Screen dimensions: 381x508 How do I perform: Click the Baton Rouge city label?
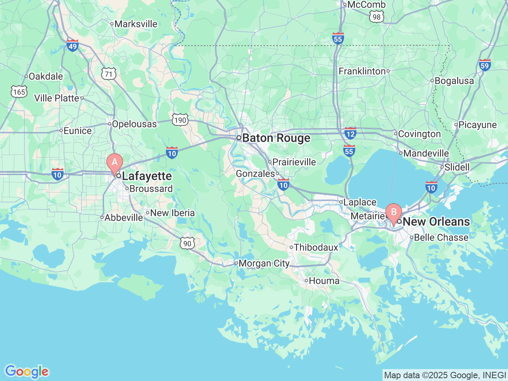pos(276,138)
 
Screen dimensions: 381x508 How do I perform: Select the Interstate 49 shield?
pos(72,45)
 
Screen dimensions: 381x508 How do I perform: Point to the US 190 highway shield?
pos(180,120)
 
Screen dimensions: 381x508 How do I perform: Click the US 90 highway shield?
pos(187,243)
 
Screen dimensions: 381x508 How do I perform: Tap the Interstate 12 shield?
pos(350,133)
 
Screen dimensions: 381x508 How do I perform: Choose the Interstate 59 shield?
pos(485,65)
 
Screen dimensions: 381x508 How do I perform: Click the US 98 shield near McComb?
pos(376,17)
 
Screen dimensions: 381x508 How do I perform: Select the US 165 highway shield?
pos(19,92)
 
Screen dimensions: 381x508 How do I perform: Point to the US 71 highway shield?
pos(108,74)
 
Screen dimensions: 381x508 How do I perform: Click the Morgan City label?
pos(264,264)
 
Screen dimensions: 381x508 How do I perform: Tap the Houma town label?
pos(324,281)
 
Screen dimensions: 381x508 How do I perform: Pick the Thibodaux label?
pos(316,248)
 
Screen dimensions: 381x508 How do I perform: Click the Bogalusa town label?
pos(454,81)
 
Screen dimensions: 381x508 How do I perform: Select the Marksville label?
pos(136,24)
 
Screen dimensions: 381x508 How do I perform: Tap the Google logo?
pos(26,372)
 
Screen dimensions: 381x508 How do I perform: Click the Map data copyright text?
pos(445,375)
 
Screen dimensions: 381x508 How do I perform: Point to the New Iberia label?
pos(172,213)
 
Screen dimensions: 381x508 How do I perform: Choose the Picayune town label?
pos(477,125)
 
